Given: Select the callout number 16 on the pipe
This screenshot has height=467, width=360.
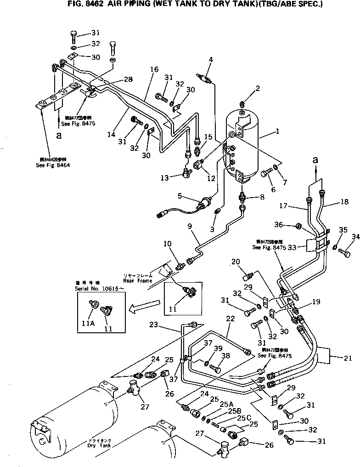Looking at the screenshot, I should pos(154,69).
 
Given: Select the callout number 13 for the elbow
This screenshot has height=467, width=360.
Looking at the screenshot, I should pos(165,177).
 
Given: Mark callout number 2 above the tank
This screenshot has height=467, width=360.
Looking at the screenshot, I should pos(258,88).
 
